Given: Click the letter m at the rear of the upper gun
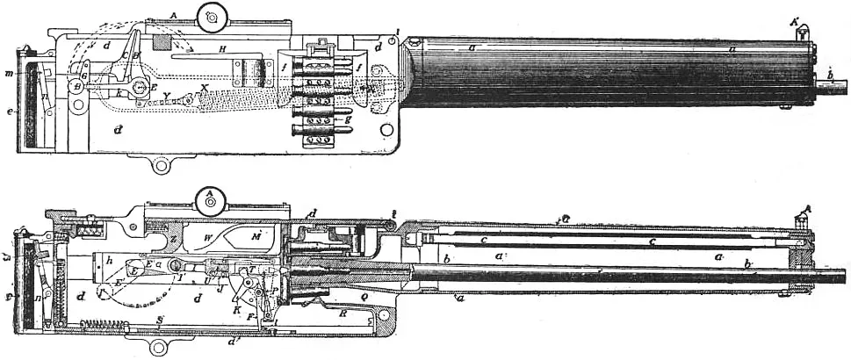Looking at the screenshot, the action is (x=9, y=72).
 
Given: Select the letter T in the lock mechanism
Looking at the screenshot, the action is (x=251, y=270).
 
